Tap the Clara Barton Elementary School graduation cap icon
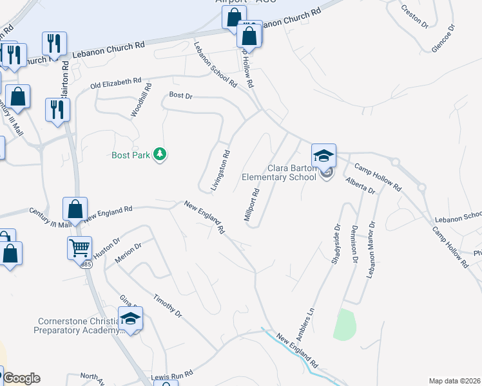click(x=323, y=155)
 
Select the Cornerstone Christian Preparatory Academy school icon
click(x=131, y=318)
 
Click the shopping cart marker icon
click(x=79, y=246)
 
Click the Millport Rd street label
click(x=252, y=205)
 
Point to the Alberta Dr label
click(x=360, y=186)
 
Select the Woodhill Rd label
click(x=141, y=100)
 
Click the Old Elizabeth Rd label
click(x=115, y=83)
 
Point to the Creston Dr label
click(x=415, y=17)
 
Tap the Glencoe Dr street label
click(x=443, y=40)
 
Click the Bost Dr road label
click(x=180, y=95)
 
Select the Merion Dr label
click(x=128, y=250)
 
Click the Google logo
click(x=21, y=378)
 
